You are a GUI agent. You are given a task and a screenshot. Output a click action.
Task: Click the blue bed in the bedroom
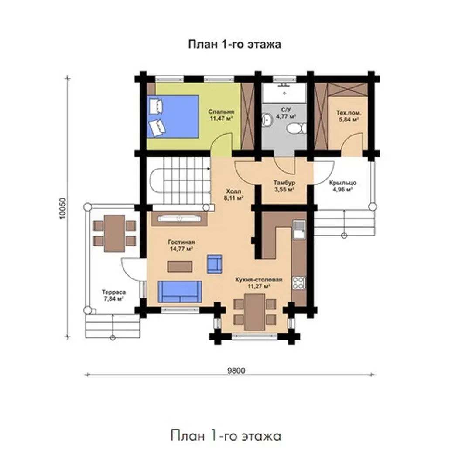(173, 117)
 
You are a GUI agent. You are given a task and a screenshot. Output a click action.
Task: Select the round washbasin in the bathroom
(267, 119)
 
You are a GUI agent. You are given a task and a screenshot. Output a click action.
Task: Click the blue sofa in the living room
(180, 292)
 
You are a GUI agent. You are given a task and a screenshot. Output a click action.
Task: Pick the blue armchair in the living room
(215, 264)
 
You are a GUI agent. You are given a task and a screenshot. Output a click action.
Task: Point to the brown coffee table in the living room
(180, 267)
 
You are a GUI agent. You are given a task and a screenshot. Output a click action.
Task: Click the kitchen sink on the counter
(299, 230)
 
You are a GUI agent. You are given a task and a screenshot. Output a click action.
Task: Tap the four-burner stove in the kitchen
(299, 283)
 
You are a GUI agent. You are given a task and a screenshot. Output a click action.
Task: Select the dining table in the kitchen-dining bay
(254, 312)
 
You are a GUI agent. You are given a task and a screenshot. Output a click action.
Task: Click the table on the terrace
(114, 233)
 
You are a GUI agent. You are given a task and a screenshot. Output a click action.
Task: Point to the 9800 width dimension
(236, 371)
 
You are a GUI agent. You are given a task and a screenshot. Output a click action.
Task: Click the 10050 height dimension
(62, 208)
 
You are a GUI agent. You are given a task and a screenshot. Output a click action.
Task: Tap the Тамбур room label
(284, 183)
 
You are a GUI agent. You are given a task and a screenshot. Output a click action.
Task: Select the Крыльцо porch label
(342, 183)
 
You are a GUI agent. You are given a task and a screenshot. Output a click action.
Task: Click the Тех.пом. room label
(349, 113)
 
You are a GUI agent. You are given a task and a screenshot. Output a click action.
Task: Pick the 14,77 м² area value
(181, 249)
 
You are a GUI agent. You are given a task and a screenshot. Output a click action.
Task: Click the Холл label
(233, 191)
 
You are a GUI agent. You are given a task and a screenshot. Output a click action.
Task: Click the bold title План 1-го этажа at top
(235, 44)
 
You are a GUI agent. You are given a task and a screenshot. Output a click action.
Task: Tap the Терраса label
(113, 292)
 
